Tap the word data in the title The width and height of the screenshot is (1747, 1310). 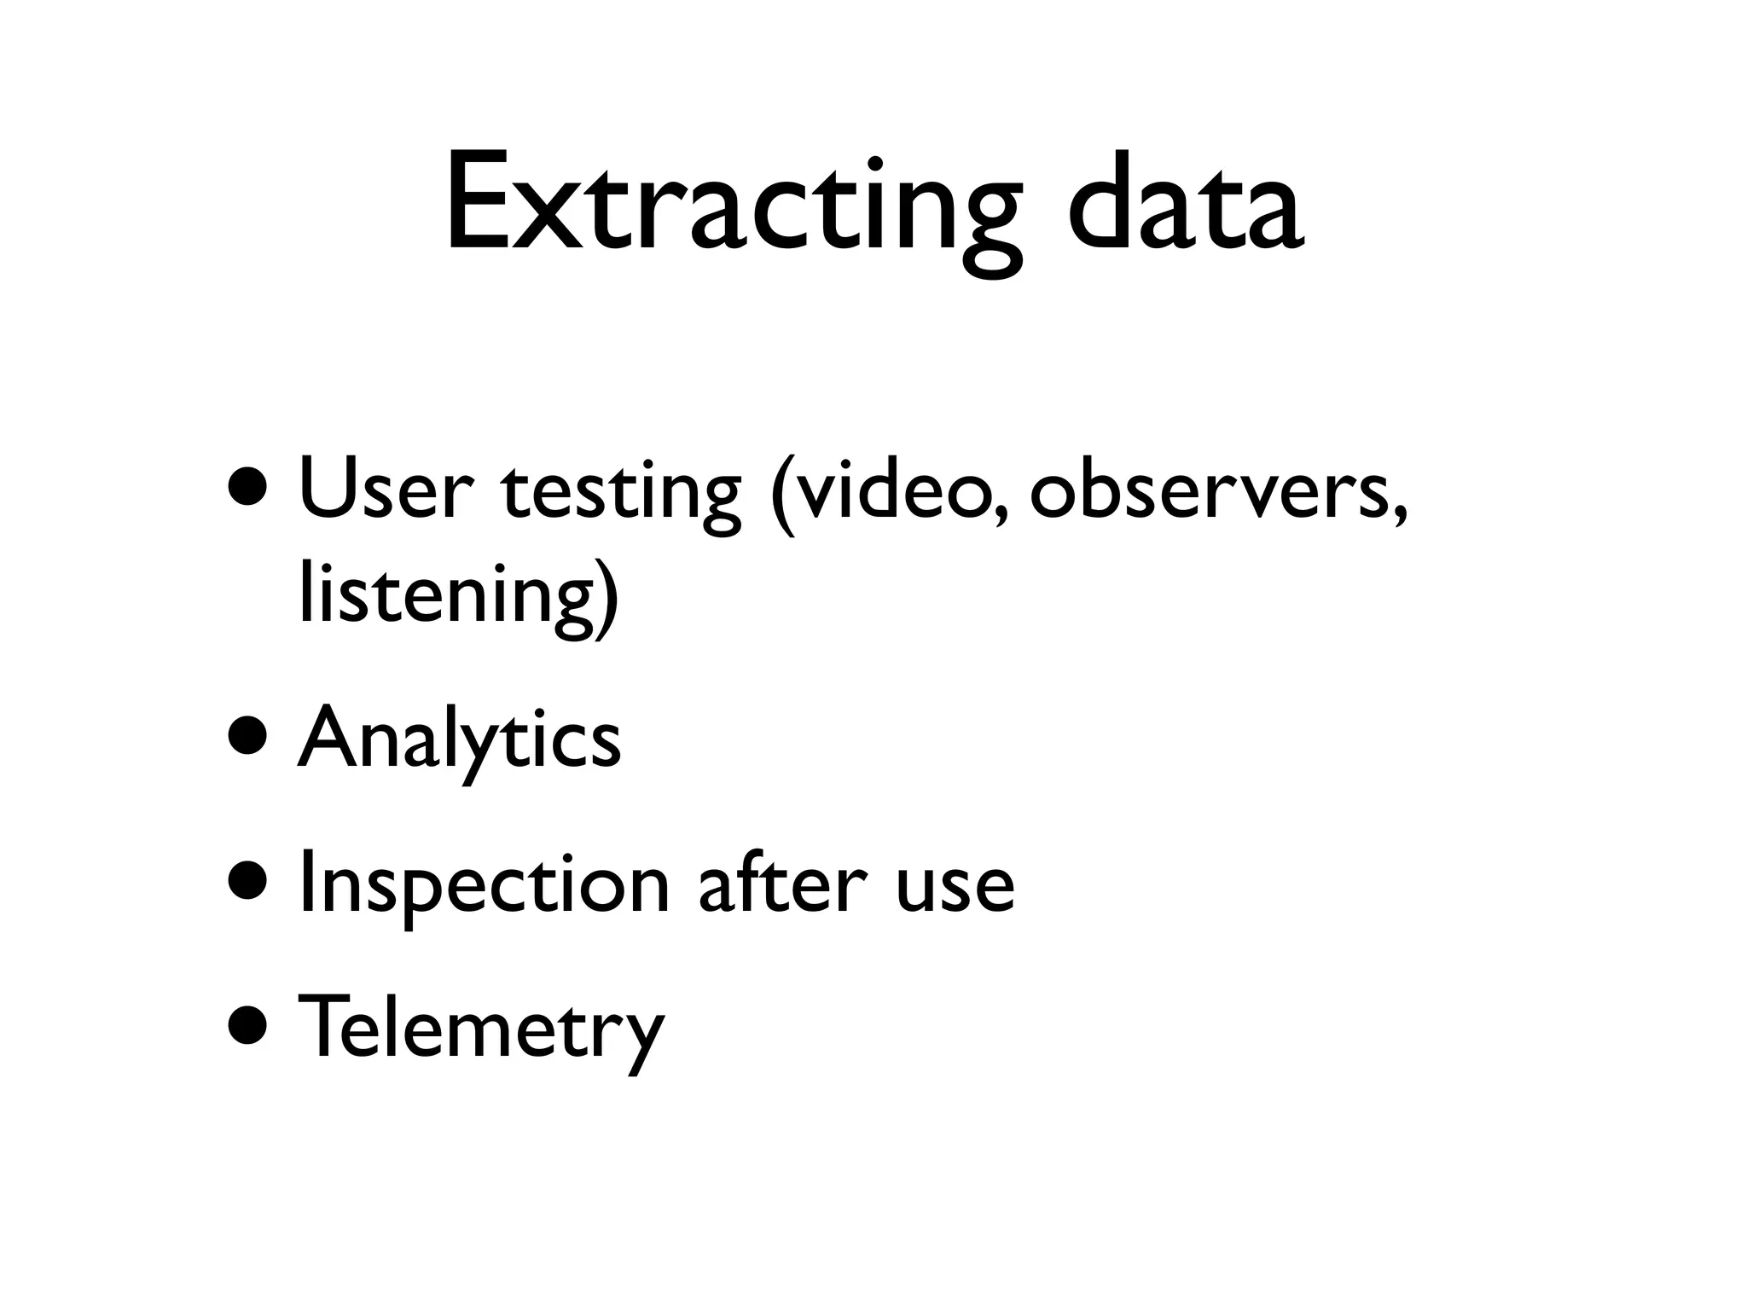point(1185,205)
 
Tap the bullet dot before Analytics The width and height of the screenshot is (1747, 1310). point(251,739)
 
